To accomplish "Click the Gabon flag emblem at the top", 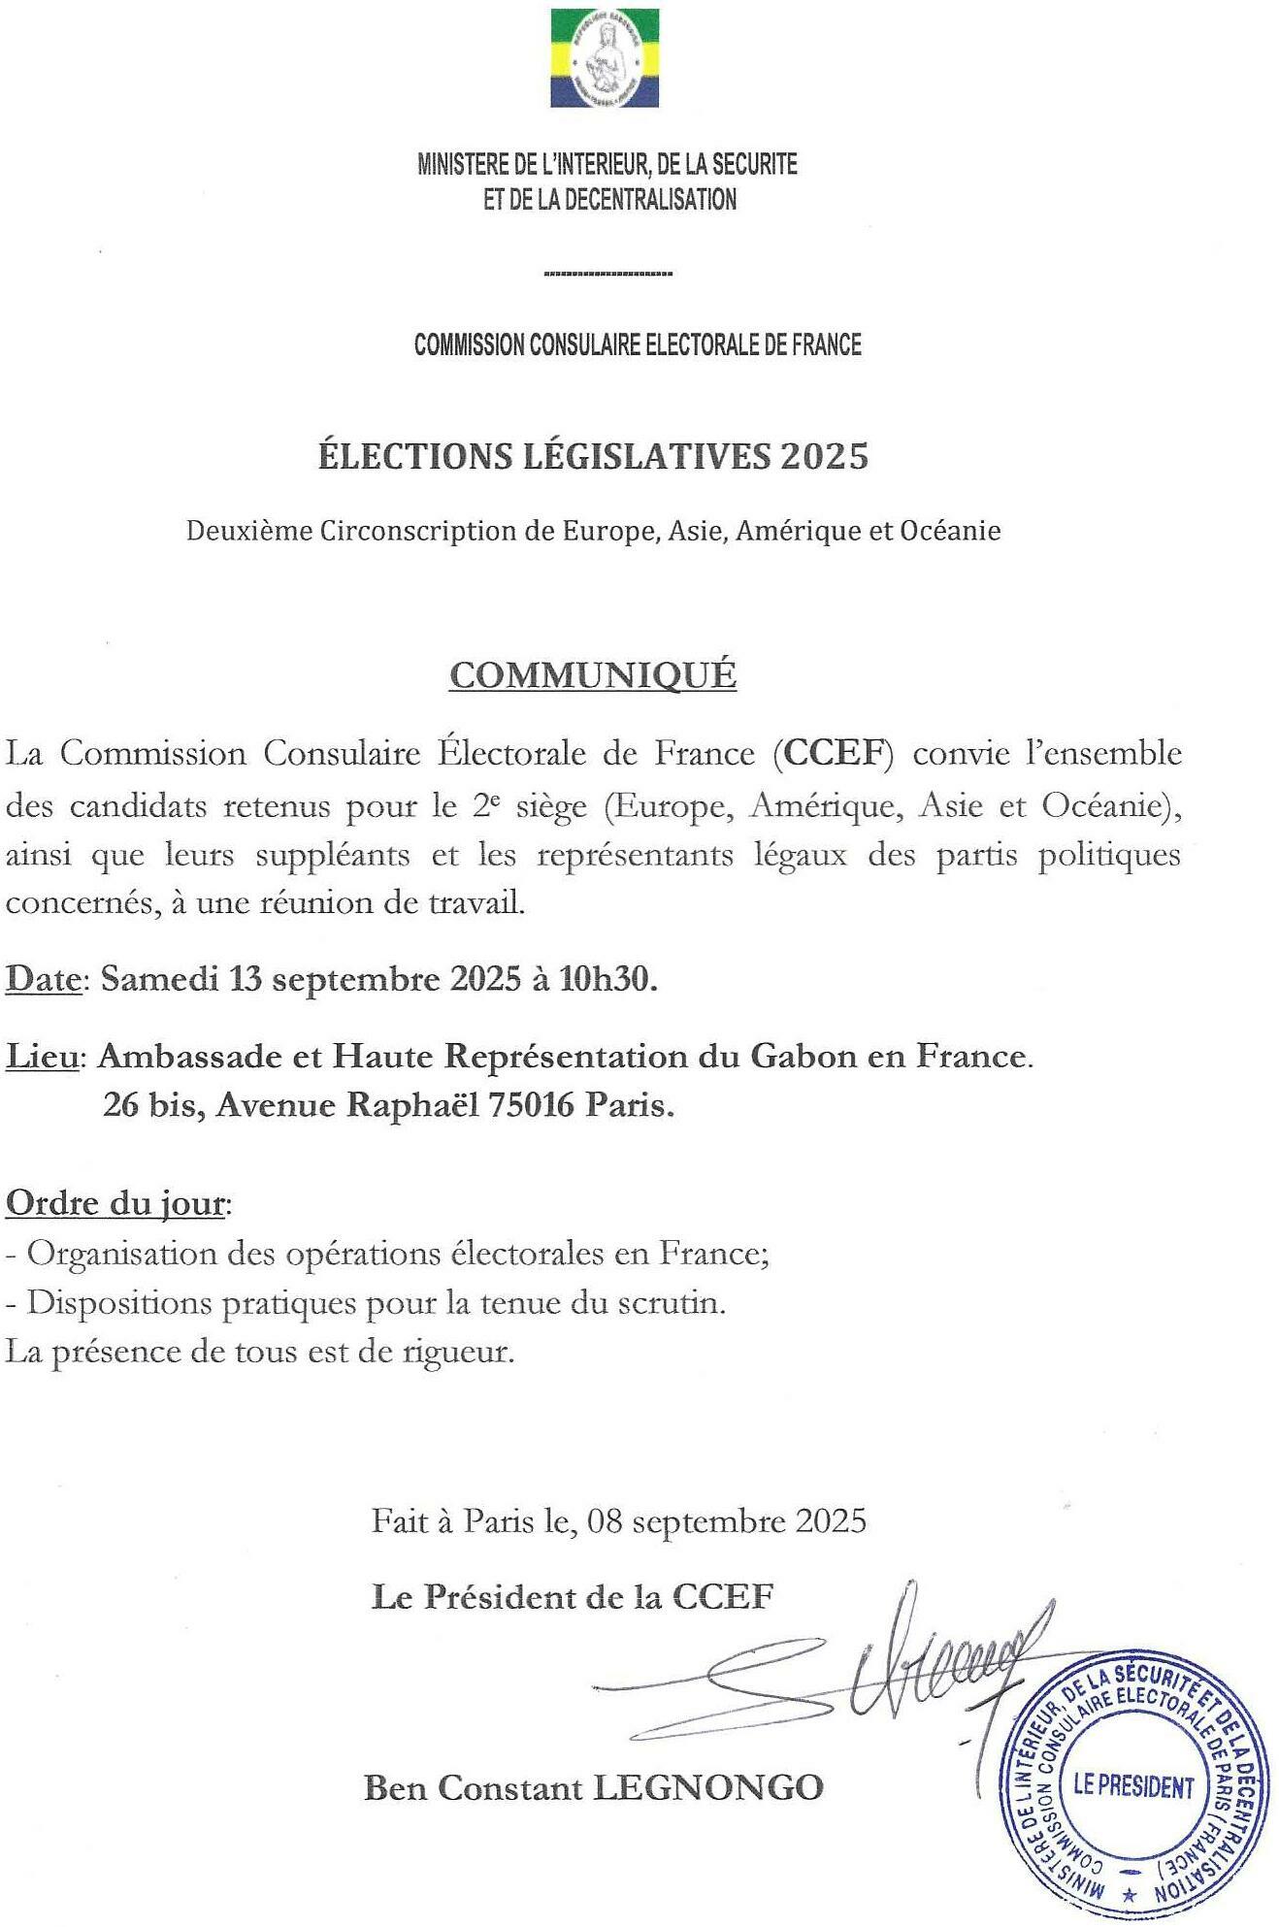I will [605, 57].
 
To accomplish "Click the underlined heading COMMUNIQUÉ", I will [593, 675].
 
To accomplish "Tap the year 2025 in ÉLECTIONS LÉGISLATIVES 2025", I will [824, 456].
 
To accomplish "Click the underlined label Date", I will [43, 979].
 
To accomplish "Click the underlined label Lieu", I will [43, 1056].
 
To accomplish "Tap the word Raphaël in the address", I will [413, 1105].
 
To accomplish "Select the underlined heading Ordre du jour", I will [115, 1204].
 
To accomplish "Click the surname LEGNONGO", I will [707, 1787].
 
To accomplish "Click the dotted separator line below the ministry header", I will [608, 275].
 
